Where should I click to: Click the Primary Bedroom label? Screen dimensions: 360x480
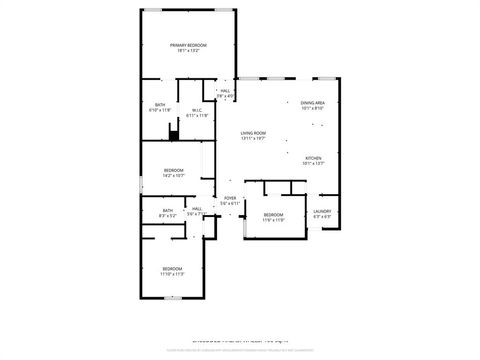(187, 45)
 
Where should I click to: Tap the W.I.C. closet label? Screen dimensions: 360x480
(197, 111)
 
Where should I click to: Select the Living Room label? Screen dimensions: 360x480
(253, 133)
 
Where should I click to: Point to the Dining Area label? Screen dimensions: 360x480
(313, 103)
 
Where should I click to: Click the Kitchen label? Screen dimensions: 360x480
(313, 158)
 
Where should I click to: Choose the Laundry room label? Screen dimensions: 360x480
(322, 211)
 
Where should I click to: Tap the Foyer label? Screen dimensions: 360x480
(229, 198)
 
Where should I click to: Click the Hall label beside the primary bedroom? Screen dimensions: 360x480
(225, 91)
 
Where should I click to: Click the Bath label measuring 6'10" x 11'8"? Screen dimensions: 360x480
(160, 105)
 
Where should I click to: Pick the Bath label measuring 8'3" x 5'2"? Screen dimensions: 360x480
(167, 211)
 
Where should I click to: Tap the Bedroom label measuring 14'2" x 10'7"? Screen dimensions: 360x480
(173, 170)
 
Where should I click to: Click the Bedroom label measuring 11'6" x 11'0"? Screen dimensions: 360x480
(273, 215)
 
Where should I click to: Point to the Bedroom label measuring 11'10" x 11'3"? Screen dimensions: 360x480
(173, 268)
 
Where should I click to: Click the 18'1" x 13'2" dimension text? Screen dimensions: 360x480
(187, 51)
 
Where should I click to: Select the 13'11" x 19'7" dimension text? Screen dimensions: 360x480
(253, 139)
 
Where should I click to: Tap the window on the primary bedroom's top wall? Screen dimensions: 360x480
(187, 10)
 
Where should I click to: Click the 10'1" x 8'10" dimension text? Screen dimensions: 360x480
(313, 109)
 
